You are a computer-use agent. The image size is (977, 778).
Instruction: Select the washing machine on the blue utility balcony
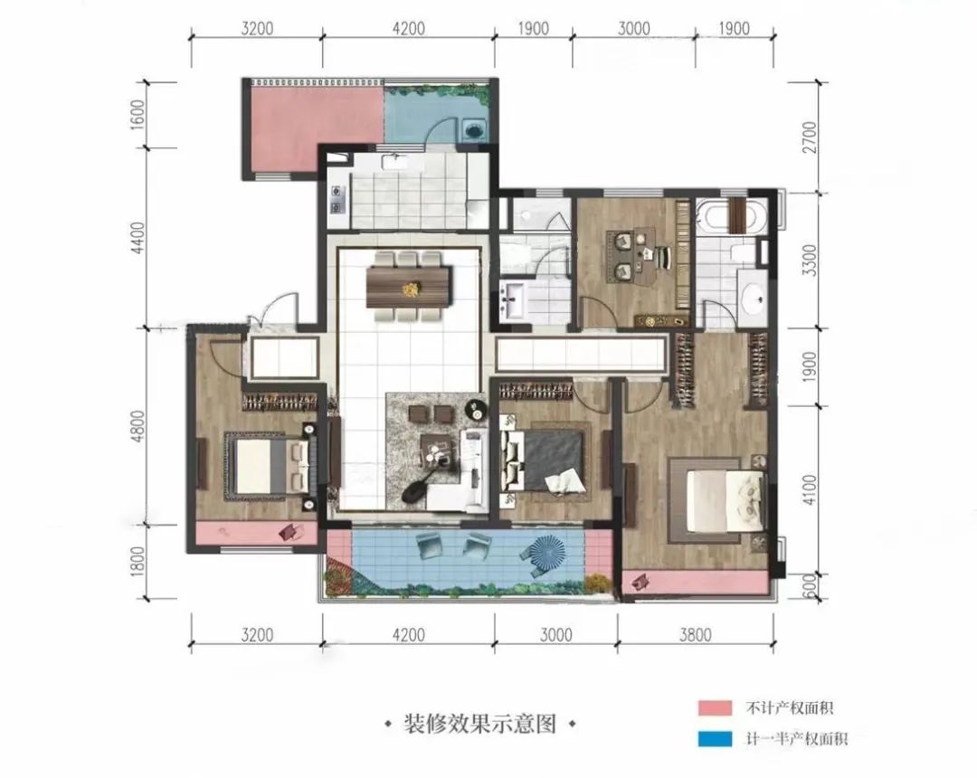tap(470, 129)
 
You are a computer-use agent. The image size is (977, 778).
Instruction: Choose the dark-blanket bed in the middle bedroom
tap(547, 460)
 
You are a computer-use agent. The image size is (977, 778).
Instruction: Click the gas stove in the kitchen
tap(337, 200)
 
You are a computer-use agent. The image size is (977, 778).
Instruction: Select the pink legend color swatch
tap(714, 707)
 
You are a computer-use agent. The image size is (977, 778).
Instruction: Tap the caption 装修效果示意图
tap(480, 724)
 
